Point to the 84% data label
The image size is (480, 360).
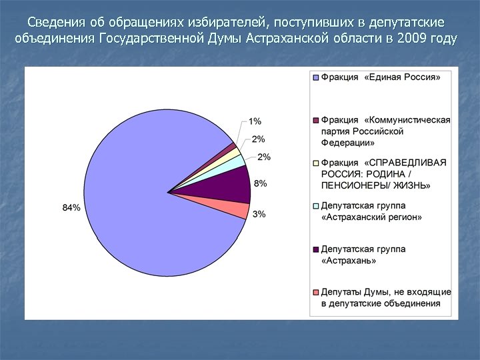pos(71,207)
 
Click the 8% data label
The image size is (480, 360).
pos(261,183)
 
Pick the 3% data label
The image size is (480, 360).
pos(260,214)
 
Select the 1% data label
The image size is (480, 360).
pos(255,121)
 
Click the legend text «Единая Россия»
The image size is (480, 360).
pos(380,77)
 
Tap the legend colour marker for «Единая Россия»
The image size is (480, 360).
pos(316,78)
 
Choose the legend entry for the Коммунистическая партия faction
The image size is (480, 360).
pos(385,131)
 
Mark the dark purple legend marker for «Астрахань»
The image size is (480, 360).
pos(316,249)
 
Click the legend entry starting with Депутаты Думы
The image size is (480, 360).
pos(385,297)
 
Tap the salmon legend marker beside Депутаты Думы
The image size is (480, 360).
pos(316,293)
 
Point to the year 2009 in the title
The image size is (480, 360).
pos(411,37)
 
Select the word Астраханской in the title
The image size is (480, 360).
pos(286,37)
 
